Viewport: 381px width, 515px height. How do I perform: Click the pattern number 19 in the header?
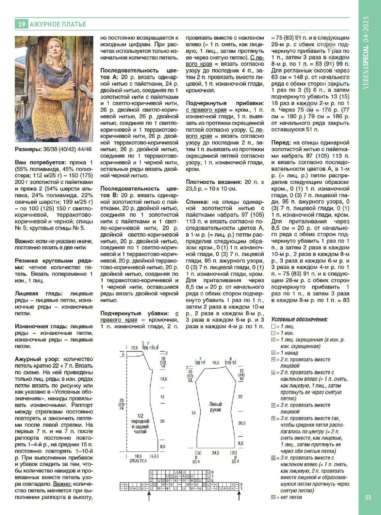pos(21,24)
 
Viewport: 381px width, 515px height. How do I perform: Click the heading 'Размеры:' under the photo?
pos(28,149)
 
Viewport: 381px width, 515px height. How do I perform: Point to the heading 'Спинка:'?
pos(197,202)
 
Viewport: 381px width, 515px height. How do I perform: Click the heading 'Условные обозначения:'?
pos(299,319)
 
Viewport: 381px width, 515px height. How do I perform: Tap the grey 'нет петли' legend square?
pos(273,497)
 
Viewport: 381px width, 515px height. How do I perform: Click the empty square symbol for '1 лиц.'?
pos(273,327)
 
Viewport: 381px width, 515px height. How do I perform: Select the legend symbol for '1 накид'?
pos(273,353)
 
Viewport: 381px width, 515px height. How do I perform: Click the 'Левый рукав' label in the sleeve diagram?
pos(216,407)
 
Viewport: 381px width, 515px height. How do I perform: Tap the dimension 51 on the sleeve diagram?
pos(194,413)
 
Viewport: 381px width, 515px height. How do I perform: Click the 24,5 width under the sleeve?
pos(216,453)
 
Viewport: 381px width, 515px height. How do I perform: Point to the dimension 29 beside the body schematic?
pos(162,421)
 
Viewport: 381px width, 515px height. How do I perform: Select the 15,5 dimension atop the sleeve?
pos(215,363)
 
